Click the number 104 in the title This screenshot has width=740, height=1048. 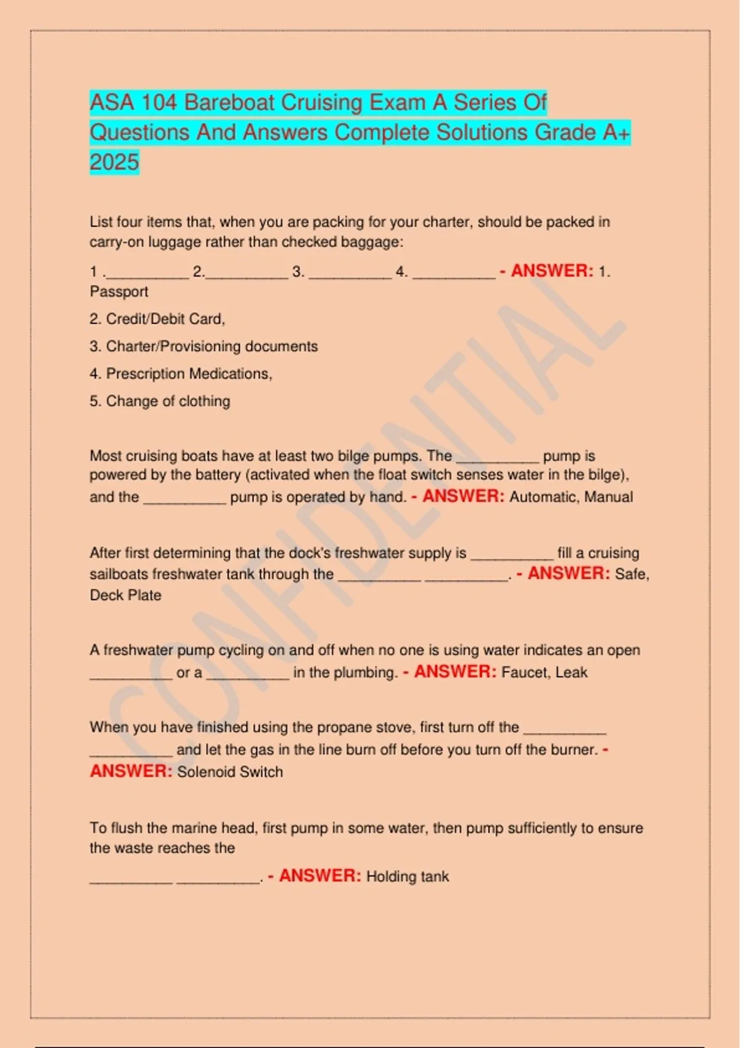(158, 102)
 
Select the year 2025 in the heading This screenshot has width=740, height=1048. (115, 162)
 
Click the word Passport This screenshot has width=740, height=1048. (119, 292)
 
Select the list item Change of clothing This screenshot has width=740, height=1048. (160, 401)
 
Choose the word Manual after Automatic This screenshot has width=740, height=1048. (609, 497)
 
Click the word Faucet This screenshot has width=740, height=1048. (524, 673)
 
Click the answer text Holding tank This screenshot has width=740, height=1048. (408, 877)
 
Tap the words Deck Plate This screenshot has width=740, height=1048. (125, 596)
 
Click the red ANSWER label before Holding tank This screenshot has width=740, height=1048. (320, 876)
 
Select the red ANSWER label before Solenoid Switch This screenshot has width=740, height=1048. (131, 771)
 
